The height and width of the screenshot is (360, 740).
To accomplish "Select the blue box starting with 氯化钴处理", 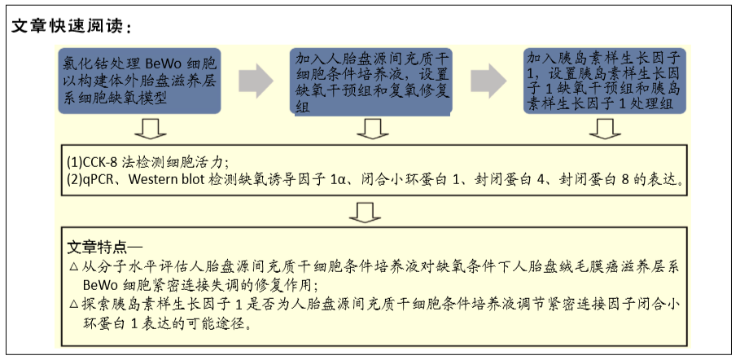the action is pyautogui.click(x=140, y=81).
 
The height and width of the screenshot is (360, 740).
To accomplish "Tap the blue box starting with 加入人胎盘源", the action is pyautogui.click(x=371, y=81).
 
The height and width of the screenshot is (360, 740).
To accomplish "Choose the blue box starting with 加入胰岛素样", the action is pyautogui.click(x=605, y=81).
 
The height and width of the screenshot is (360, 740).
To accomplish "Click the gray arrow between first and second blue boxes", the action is pyautogui.click(x=256, y=81).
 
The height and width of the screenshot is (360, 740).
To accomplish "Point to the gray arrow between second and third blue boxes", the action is pyautogui.click(x=488, y=81).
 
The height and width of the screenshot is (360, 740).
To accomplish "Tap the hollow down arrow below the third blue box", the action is pyautogui.click(x=605, y=129).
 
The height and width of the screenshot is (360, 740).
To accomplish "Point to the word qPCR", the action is pyautogui.click(x=104, y=180).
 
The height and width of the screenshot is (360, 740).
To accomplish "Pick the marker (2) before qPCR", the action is pyautogui.click(x=75, y=180).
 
